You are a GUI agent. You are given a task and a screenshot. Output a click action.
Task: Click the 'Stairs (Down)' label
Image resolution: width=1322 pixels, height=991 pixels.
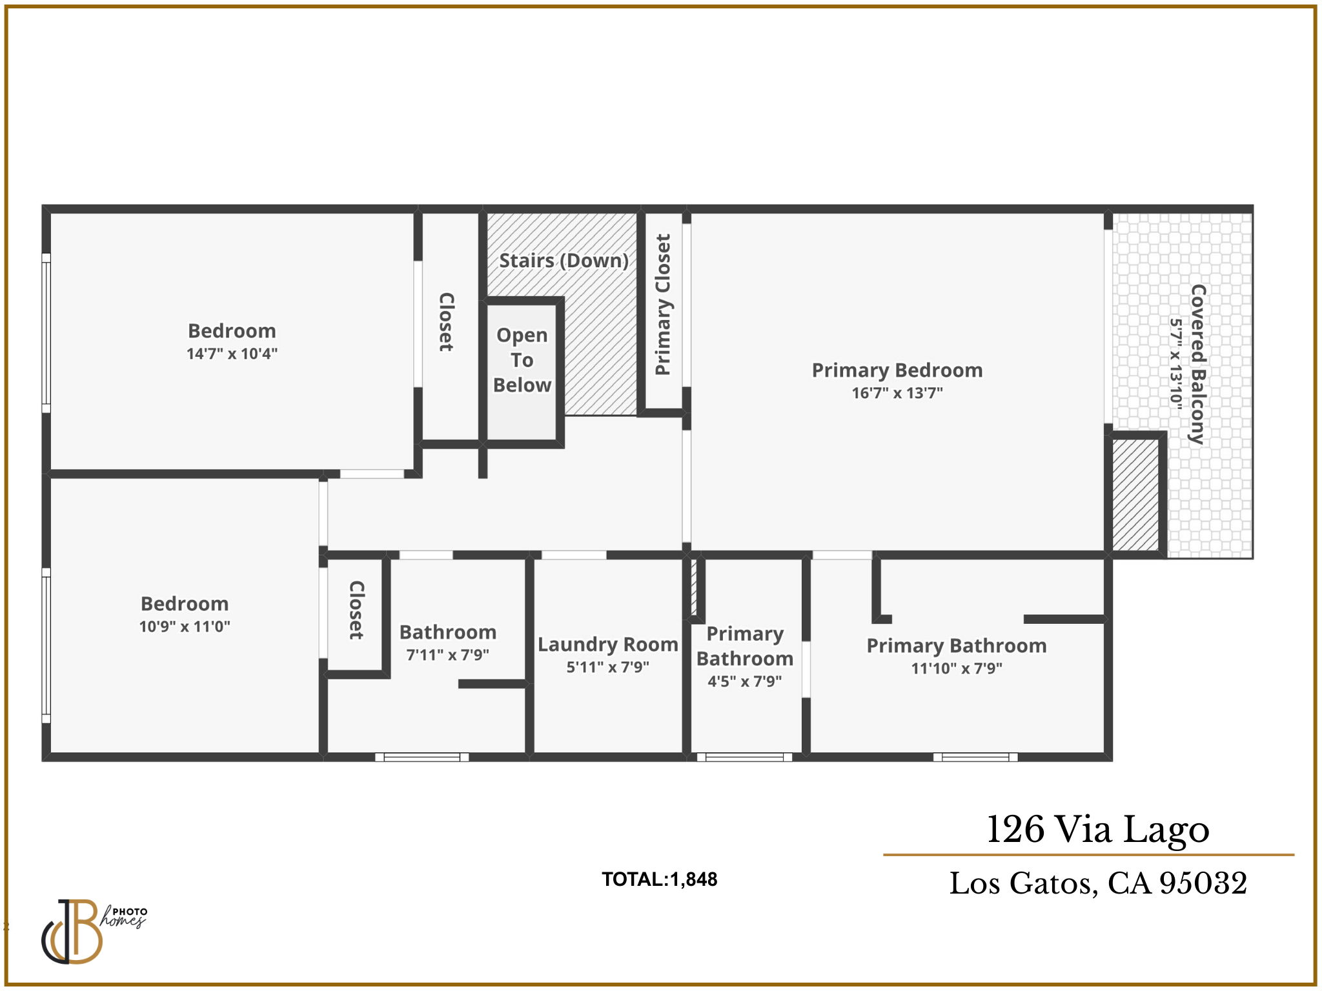point(564,261)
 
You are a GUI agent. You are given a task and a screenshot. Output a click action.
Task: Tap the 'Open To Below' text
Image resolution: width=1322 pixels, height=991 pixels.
point(522,360)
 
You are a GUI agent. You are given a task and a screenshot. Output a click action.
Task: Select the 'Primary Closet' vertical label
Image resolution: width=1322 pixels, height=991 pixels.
point(662,304)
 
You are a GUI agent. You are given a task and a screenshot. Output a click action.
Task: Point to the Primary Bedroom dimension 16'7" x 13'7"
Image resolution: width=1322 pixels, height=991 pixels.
point(897,393)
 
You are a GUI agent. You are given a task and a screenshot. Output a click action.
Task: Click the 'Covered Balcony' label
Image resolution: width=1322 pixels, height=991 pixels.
point(1198,364)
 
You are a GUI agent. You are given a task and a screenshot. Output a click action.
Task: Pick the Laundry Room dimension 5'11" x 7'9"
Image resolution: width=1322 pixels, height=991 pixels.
point(607,667)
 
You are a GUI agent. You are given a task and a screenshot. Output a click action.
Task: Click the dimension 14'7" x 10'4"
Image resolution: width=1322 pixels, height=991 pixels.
point(232,354)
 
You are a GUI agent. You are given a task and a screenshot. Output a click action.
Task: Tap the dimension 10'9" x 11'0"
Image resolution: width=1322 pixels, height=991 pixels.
point(185,626)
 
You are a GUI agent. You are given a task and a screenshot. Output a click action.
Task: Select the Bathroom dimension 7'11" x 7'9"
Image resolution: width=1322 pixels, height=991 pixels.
point(447,655)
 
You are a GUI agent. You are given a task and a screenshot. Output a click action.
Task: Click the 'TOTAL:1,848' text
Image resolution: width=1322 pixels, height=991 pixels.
point(660,879)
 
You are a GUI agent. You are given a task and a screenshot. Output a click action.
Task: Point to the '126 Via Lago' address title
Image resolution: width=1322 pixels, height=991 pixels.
point(1098,830)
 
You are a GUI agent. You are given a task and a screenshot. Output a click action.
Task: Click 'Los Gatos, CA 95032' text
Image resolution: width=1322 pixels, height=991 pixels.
point(1098,883)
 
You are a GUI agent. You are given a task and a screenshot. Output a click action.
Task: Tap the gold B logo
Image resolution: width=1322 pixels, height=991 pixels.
point(72,932)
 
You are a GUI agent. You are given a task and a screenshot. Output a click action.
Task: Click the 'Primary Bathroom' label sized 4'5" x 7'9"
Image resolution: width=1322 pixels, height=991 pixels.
point(745,646)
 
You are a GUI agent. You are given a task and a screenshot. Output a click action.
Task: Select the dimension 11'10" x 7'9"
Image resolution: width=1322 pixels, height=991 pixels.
point(957,668)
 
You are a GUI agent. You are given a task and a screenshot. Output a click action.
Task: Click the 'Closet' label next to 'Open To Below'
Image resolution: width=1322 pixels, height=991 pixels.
point(446,322)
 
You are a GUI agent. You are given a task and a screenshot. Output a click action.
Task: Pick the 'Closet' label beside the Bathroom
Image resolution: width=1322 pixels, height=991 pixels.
point(356,610)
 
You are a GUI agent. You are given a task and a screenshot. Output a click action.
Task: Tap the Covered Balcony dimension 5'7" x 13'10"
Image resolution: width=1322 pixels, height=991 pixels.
point(1177,364)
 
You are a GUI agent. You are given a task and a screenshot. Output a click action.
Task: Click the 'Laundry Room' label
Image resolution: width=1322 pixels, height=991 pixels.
point(607,645)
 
